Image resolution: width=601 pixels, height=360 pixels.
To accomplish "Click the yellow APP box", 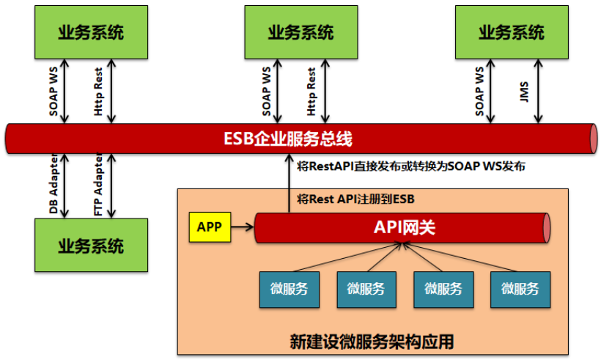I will pos(210,227).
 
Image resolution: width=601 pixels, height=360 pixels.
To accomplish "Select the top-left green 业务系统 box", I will pos(91,33).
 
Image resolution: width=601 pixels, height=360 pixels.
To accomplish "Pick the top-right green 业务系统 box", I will pos(511,33).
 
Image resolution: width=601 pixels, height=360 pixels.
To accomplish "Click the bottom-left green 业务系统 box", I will pos(91,246).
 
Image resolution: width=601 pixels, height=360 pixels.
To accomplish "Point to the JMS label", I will pos(523,93).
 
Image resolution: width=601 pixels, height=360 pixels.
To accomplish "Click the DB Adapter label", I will pos(54,185).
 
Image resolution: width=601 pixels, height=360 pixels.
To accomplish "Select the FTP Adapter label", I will pos(98,185).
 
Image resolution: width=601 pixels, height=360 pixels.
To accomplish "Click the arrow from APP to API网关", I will pos(242,227).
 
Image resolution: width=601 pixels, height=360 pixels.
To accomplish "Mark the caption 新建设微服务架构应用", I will pos(372,342).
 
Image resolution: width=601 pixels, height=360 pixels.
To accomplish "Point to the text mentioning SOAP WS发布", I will pos(411,167).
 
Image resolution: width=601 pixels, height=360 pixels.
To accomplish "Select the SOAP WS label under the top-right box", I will pos(480,93).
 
